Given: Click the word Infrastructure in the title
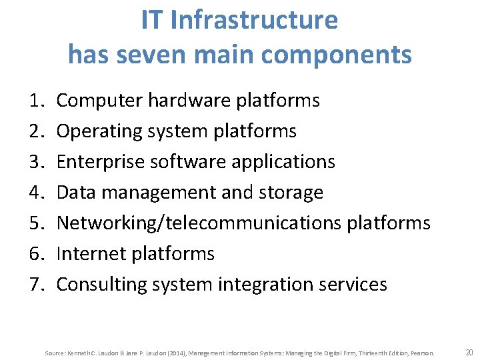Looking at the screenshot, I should tap(254, 21).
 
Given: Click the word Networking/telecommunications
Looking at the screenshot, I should tap(199, 223).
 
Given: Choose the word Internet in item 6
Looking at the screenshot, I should tap(87, 254).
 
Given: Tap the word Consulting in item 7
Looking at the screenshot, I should tap(99, 285).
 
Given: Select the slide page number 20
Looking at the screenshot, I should tap(469, 352).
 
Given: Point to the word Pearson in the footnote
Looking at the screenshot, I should tap(423, 353).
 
